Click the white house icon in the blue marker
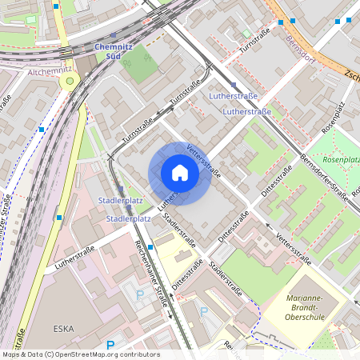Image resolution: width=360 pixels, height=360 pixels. point(180,172)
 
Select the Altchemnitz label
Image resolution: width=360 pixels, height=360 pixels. point(50,72)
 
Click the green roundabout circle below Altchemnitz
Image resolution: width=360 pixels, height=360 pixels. point(70,81)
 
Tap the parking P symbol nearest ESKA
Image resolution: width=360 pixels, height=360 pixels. point(141,294)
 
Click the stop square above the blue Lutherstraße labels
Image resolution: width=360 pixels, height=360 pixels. point(234,85)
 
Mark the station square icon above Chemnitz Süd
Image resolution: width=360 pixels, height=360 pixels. point(114,35)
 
